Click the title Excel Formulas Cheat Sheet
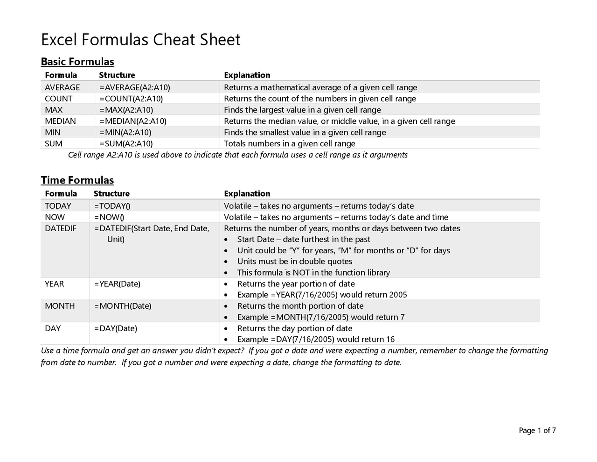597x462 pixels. pyautogui.click(x=140, y=40)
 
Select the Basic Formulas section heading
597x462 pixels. pyautogui.click(x=77, y=62)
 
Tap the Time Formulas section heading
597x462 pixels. pyautogui.click(x=77, y=180)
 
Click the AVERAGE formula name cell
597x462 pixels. pyautogui.click(x=62, y=87)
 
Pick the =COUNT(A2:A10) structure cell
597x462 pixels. pyautogui.click(x=131, y=99)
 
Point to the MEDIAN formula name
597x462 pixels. pyautogui.click(x=60, y=121)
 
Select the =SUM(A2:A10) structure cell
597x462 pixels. pyautogui.click(x=126, y=143)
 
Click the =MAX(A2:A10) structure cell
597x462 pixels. pyautogui.click(x=126, y=110)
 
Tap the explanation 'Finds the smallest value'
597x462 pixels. pyautogui.click(x=305, y=132)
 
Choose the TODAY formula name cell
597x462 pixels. pyautogui.click(x=58, y=206)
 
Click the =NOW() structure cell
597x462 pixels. pyautogui.click(x=109, y=217)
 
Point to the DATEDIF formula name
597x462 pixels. pyautogui.click(x=60, y=228)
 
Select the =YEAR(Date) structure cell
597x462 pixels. pyautogui.click(x=117, y=284)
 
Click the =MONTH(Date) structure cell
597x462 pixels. pyautogui.click(x=123, y=306)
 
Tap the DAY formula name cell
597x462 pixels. pyautogui.click(x=53, y=328)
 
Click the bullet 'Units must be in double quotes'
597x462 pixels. pyautogui.click(x=294, y=262)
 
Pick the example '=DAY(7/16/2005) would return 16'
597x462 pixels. pyautogui.click(x=316, y=340)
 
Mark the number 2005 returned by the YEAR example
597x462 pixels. pyautogui.click(x=398, y=295)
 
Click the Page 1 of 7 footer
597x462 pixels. pyautogui.click(x=537, y=431)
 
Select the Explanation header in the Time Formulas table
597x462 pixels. pyautogui.click(x=247, y=194)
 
